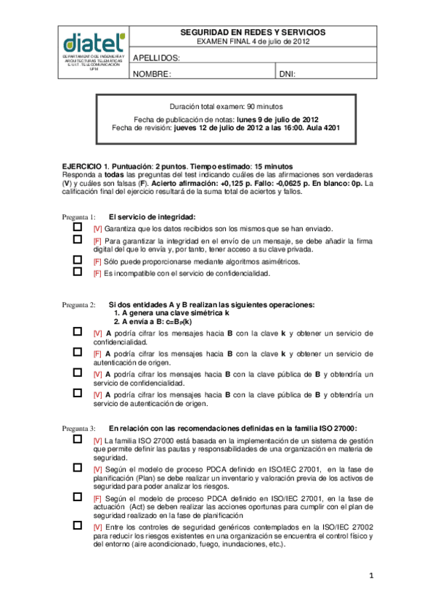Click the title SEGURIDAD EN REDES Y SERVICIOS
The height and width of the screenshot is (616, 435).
pos(253,33)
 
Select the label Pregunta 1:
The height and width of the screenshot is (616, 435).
pos(78,217)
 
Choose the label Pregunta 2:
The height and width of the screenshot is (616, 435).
pos(78,304)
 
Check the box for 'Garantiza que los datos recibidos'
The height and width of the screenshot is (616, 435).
pos(78,227)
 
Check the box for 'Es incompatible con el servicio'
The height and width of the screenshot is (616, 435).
pos(78,272)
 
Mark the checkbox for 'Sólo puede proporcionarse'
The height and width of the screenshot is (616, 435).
pos(78,260)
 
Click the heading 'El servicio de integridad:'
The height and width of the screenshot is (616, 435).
pos(153,217)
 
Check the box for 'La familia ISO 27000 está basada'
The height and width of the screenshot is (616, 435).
pos(78,439)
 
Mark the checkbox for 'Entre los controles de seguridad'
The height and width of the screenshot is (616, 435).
pos(78,524)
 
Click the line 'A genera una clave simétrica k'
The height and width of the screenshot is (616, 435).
pos(166,312)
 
